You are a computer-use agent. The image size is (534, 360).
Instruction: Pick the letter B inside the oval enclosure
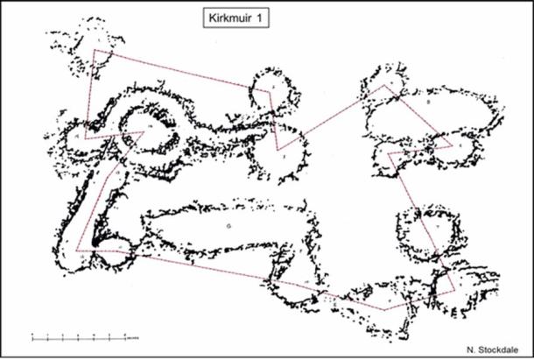(x=427, y=102)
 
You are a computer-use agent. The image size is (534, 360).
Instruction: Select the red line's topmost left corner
(x=95, y=50)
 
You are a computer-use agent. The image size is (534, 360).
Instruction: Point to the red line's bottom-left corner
(x=77, y=251)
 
